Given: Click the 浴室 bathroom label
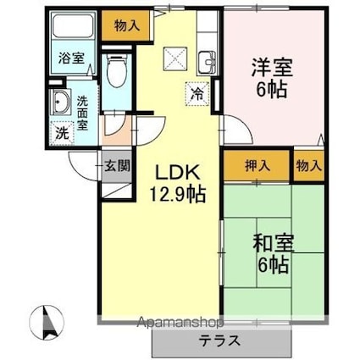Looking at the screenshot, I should tap(70, 58).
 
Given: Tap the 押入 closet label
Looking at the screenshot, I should tap(258, 165).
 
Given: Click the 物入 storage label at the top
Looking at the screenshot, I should tap(126, 26).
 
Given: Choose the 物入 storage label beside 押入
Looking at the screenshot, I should tap(308, 165).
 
